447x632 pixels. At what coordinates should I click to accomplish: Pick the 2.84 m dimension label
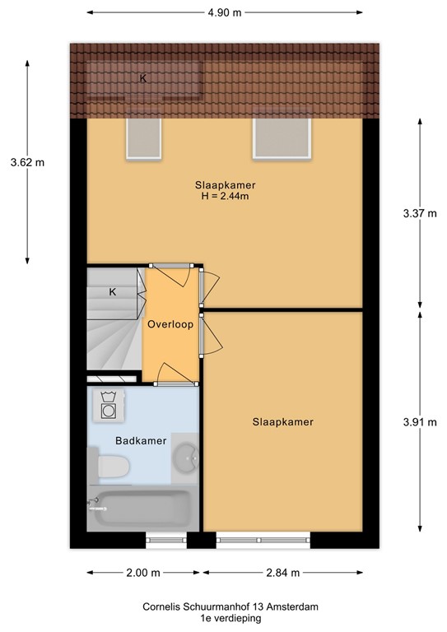pos(282,573)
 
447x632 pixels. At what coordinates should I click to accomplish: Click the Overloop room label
pos(170,324)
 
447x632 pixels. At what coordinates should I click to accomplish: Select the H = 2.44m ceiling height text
pos(224,196)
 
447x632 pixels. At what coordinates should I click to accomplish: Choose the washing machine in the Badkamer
pos(108,407)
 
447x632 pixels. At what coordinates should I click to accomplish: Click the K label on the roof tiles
pos(143,79)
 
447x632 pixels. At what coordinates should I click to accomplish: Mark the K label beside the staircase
pos(112,291)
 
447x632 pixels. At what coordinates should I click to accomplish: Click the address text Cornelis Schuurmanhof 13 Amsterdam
pos(224,606)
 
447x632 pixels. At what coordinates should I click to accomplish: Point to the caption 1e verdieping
pos(224,617)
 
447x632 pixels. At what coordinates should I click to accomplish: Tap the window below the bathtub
pos(167,541)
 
